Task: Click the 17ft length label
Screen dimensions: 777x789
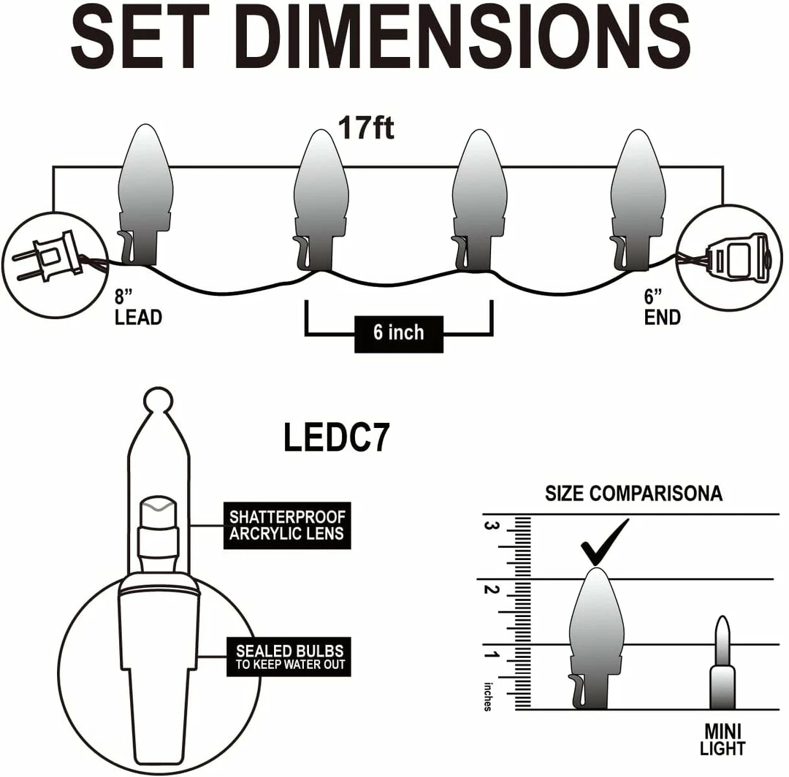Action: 366,128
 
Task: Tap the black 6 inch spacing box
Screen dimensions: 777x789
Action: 398,333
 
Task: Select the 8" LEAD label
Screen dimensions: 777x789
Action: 137,307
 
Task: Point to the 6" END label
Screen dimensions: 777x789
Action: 663,307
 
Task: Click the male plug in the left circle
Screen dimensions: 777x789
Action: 47,256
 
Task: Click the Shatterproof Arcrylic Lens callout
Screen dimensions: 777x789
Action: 286,526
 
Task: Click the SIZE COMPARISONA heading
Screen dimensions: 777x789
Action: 633,494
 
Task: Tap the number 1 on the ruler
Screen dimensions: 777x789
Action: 492,655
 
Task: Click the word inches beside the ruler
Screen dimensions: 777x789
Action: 487,697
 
